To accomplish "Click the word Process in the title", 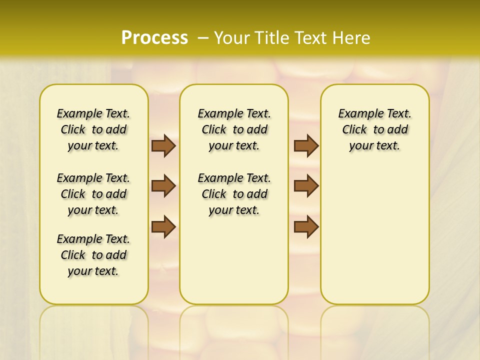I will pyautogui.click(x=154, y=37).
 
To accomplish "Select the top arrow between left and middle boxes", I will pyautogui.click(x=163, y=145).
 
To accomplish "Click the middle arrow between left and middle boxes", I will pyautogui.click(x=163, y=186).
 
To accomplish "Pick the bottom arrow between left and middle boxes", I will pyautogui.click(x=163, y=226).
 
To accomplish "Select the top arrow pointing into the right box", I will pyautogui.click(x=306, y=145).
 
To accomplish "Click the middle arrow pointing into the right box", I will pyautogui.click(x=306, y=186).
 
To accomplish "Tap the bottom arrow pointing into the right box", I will pyautogui.click(x=306, y=226).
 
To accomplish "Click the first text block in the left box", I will pyautogui.click(x=93, y=129).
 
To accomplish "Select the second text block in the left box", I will pyautogui.click(x=93, y=194).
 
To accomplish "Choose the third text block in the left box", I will pyautogui.click(x=93, y=255).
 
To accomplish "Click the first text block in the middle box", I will pyautogui.click(x=234, y=129).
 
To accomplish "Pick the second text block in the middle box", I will pyautogui.click(x=234, y=194).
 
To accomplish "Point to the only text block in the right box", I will pyautogui.click(x=374, y=129).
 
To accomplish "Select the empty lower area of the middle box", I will pyautogui.click(x=234, y=260).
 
